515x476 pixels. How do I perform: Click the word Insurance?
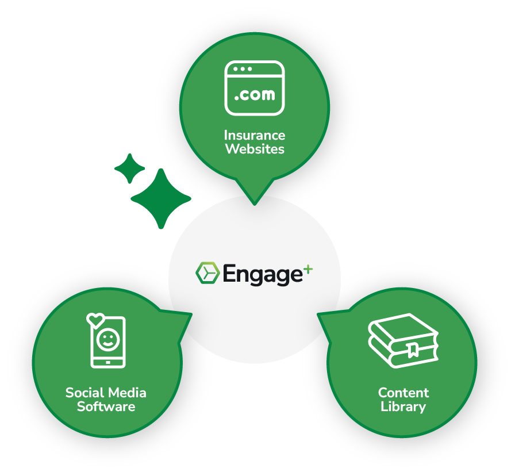click(255, 136)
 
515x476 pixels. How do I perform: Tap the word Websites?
click(255, 149)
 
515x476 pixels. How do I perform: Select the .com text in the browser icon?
click(255, 94)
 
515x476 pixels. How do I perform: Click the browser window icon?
click(255, 87)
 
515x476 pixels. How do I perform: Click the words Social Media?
click(106, 393)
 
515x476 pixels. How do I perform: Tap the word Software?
click(106, 407)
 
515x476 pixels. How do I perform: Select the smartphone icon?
click(107, 343)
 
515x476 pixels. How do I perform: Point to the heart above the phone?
click(95, 317)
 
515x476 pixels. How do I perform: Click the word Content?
click(403, 393)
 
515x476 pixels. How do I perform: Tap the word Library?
click(403, 407)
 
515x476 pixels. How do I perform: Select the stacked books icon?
click(403, 340)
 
